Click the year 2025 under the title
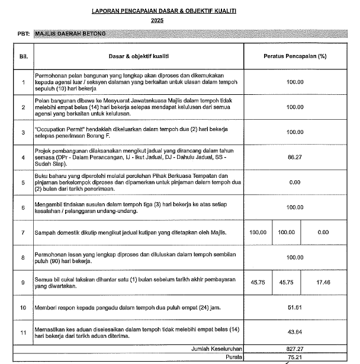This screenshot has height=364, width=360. [157, 21]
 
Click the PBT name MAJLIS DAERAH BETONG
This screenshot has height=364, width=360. [70, 34]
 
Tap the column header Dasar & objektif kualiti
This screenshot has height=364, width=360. [139, 57]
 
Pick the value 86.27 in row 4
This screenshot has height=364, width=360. [294, 158]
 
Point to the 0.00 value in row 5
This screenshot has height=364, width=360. [294, 183]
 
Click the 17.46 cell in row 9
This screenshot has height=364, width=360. [323, 282]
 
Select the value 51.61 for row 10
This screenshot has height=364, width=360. [294, 308]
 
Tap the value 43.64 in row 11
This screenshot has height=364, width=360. [294, 333]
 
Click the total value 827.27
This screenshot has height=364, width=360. [294, 350]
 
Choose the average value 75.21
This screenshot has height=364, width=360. [294, 358]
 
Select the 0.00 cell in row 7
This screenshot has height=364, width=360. [323, 232]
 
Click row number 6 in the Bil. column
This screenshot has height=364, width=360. [23, 207]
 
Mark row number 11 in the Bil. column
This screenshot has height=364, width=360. [23, 333]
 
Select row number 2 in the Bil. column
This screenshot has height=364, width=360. [23, 107]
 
